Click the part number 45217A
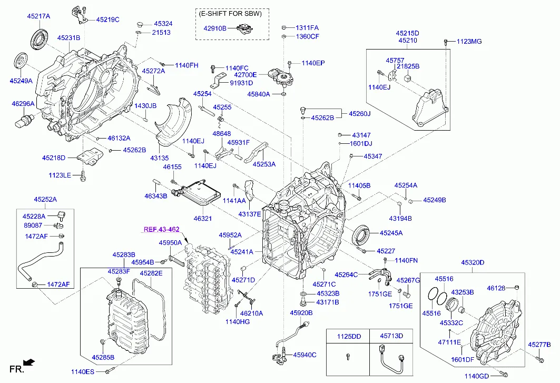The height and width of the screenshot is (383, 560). pyautogui.click(x=38, y=16)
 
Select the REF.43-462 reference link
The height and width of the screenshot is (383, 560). pyautogui.click(x=162, y=229)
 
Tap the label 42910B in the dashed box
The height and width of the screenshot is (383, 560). pyautogui.click(x=215, y=29)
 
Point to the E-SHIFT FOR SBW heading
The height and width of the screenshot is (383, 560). pyautogui.click(x=232, y=14)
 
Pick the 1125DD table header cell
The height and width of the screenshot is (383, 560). pyautogui.click(x=349, y=336)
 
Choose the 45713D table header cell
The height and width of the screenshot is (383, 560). pyautogui.click(x=392, y=336)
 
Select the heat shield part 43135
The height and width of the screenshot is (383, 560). pyautogui.click(x=174, y=126)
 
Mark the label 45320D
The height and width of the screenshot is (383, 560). pyautogui.click(x=473, y=262)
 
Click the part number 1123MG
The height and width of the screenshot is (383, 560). pyautogui.click(x=469, y=41)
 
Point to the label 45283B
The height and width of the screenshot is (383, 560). pyautogui.click(x=123, y=254)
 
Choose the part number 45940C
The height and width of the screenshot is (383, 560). pyautogui.click(x=304, y=355)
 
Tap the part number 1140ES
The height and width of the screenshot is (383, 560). pyautogui.click(x=82, y=372)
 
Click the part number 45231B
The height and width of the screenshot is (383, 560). pyautogui.click(x=68, y=38)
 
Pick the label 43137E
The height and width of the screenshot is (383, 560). pyautogui.click(x=249, y=214)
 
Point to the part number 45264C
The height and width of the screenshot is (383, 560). pyautogui.click(x=347, y=274)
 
